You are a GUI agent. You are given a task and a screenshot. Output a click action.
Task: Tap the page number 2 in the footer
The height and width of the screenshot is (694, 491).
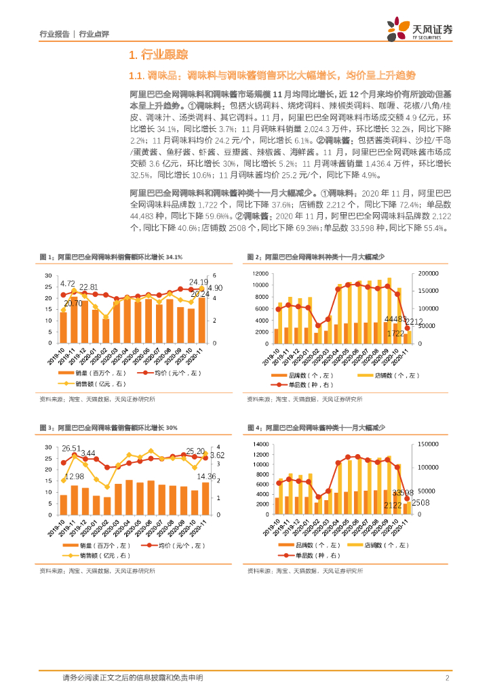(448, 678)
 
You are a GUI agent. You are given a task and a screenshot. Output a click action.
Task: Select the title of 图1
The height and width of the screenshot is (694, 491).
(111, 257)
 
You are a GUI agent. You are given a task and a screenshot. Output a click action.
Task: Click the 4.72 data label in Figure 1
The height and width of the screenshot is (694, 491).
(68, 283)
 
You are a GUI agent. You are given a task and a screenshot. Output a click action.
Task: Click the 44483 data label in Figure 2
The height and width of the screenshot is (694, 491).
(396, 319)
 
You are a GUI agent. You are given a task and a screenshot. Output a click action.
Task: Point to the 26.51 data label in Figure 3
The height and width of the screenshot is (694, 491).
(71, 448)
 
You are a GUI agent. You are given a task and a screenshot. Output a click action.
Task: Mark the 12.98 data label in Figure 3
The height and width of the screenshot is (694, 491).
(75, 476)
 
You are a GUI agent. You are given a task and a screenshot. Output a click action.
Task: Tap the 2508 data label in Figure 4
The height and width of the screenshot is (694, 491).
(421, 502)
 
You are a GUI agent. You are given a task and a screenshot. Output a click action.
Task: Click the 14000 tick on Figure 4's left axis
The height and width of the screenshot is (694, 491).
(259, 444)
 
